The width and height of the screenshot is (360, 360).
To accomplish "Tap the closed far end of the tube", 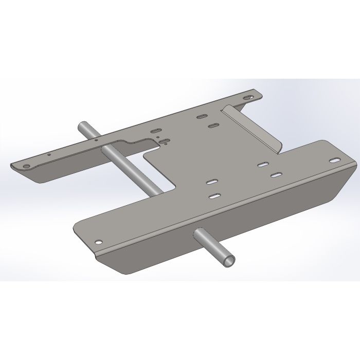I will coord(83,125).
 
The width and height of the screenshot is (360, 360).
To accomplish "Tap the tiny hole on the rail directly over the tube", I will coord(96,139).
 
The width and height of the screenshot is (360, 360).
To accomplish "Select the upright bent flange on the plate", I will coord(252,129).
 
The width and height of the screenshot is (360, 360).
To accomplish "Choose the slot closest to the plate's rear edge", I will coord(202,116).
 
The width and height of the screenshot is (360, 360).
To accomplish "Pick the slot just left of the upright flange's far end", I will coord(213,125).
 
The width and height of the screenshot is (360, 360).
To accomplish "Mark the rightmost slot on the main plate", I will coord(276,175).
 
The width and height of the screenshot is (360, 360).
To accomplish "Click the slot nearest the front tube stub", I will coord(214,196).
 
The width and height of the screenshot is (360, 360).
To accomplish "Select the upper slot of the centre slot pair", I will coord(211,182).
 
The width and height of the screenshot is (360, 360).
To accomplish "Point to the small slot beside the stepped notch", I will coord(164,140).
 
